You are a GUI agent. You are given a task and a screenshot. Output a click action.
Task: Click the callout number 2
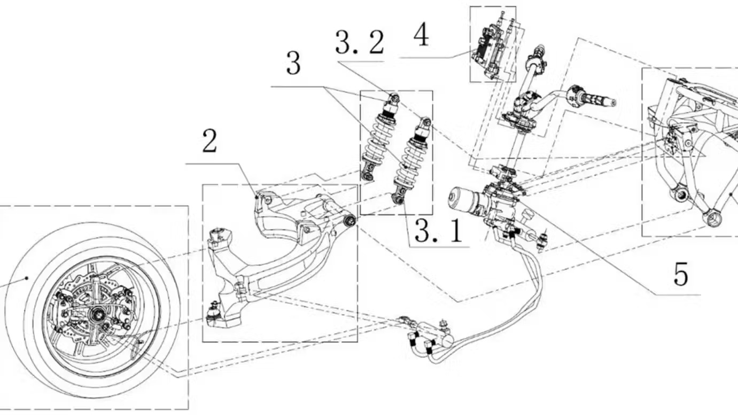[x=209, y=142]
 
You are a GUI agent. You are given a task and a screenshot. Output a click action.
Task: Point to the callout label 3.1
[x=438, y=231]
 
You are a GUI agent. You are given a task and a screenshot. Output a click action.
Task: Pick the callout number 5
[x=680, y=274]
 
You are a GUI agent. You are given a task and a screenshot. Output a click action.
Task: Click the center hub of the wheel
[x=99, y=316]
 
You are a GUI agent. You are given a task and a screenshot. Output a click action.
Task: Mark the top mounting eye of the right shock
[x=426, y=122]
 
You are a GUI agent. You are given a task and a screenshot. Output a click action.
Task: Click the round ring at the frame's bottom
[x=712, y=217]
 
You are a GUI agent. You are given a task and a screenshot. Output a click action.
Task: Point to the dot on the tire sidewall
[x=26, y=277]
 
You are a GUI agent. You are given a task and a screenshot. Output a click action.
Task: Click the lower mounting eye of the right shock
[x=397, y=199]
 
